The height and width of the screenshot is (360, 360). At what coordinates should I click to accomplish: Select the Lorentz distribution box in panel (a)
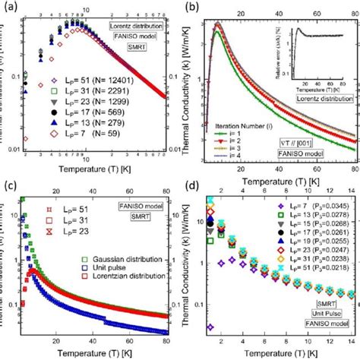pyautogui.click(x=133, y=15)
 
